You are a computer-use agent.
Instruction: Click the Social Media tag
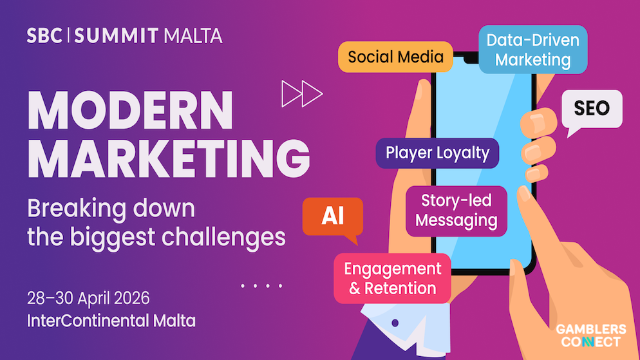395,57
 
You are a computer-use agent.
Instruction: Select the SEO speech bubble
591,108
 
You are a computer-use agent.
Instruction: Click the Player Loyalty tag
437,153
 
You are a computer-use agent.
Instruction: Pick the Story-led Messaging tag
456,210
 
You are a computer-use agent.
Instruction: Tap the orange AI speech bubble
332,216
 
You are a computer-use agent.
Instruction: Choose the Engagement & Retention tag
392,278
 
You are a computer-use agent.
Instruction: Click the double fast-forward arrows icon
302,94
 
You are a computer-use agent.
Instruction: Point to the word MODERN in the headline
129,111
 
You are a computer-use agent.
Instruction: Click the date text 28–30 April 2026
88,299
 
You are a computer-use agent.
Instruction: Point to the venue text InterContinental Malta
111,320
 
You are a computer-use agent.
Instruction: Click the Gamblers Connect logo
590,336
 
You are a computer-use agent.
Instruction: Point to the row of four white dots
261,285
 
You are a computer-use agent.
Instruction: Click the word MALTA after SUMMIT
193,35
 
